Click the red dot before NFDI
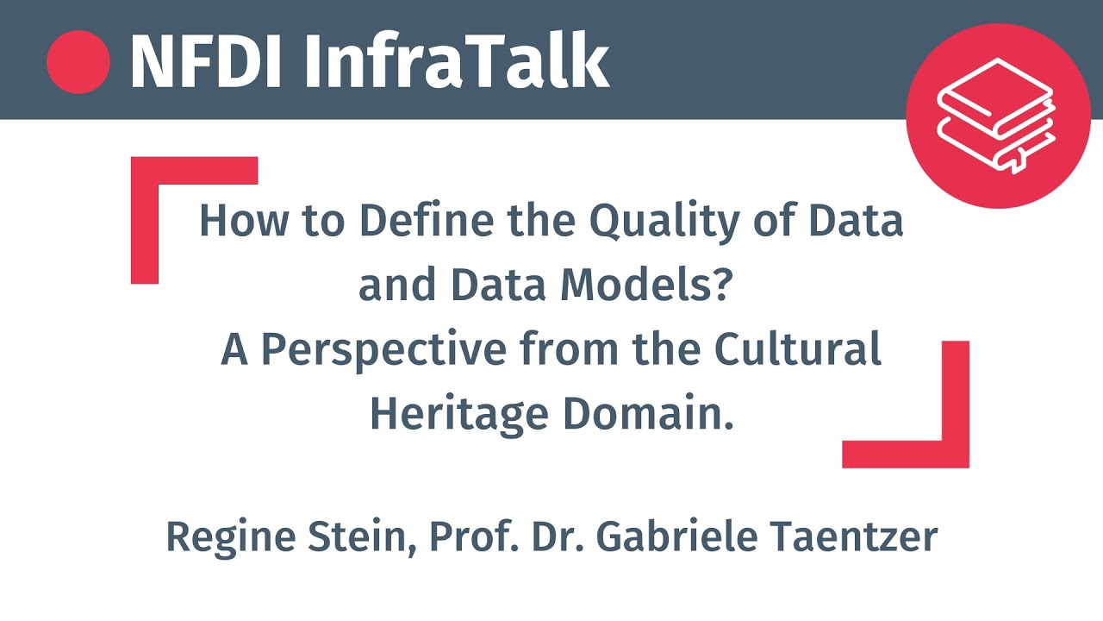(78, 61)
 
